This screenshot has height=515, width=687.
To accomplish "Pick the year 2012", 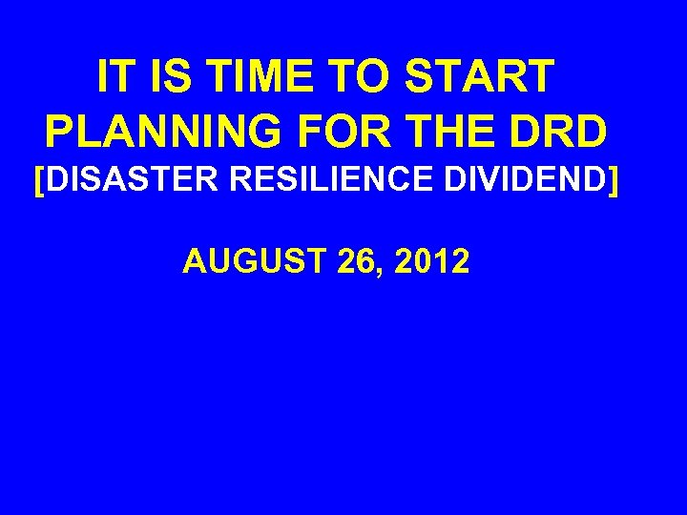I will tap(431, 260).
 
